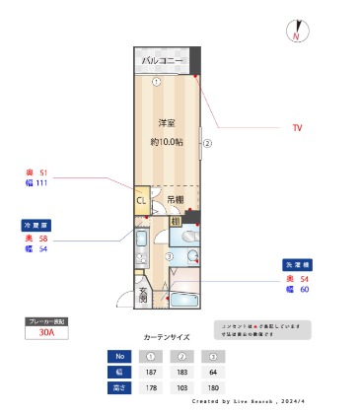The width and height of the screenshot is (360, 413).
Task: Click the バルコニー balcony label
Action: point(164,61)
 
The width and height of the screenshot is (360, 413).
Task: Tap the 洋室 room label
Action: point(166,123)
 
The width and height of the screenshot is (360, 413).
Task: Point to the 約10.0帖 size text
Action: point(166,141)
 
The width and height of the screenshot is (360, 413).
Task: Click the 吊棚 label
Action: point(174,201)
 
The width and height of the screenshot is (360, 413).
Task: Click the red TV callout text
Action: point(297,128)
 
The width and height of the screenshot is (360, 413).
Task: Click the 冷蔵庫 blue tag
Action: point(36,225)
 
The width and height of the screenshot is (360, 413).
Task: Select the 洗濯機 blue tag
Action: point(298,265)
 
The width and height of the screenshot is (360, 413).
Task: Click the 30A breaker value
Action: point(46,333)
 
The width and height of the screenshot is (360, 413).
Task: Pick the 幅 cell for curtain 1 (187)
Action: point(151,372)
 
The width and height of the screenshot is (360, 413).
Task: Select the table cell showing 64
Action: point(213,372)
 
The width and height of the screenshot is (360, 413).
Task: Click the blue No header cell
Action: point(118,356)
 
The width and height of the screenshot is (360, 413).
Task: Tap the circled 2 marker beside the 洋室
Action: point(208,142)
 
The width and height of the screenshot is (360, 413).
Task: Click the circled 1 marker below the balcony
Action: point(157,82)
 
